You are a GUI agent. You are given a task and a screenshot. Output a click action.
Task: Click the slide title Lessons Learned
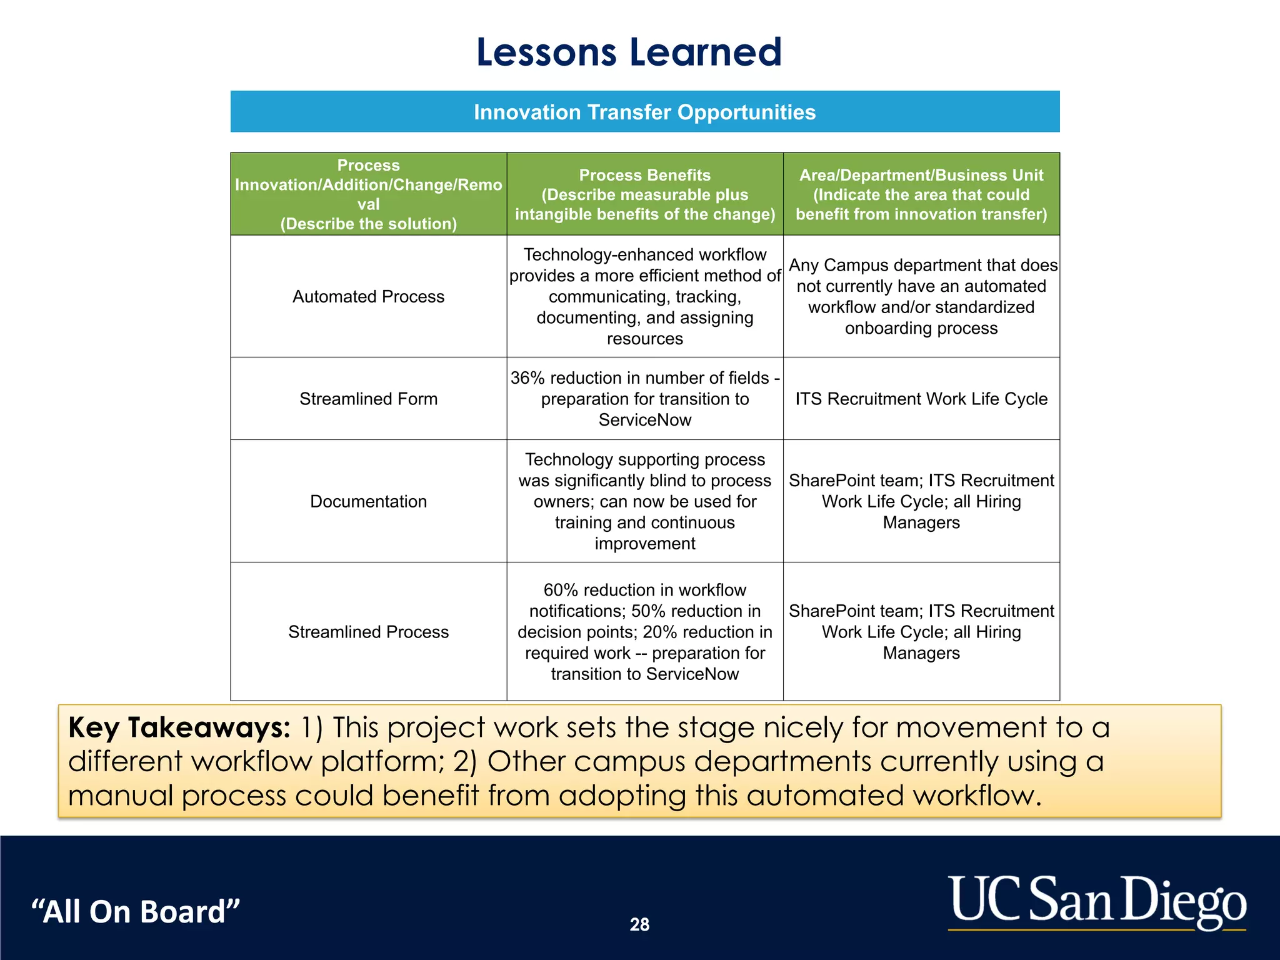coord(629,52)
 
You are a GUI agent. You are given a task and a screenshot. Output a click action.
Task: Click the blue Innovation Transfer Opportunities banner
coord(644,112)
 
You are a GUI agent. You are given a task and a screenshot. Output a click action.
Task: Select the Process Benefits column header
coord(644,194)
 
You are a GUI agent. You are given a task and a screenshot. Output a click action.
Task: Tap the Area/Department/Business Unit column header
coord(921,194)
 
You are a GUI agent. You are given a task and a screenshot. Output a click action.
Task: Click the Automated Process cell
coord(368,296)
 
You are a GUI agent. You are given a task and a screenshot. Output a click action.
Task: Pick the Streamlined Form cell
coord(368,399)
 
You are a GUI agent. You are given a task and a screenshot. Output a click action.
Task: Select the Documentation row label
coord(368,501)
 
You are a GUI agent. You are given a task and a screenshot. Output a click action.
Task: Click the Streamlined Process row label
coord(368,632)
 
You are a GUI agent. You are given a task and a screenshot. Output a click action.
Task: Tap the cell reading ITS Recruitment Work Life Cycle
coord(921,399)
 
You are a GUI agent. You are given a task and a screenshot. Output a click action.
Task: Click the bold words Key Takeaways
coord(179,727)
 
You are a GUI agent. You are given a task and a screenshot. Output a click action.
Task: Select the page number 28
coord(639,924)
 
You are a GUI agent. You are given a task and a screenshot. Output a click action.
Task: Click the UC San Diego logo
coord(1097,902)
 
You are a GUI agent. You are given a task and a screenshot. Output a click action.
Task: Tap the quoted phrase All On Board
coord(136,911)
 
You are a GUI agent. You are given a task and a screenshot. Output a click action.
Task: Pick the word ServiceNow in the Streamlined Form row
coord(644,420)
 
